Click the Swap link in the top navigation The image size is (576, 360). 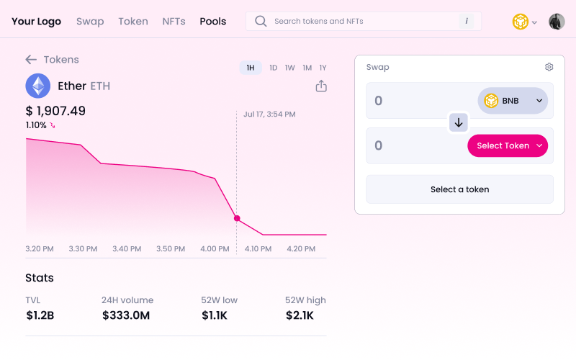point(90,22)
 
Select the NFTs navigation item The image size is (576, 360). point(174,22)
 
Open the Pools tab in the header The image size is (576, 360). point(213,22)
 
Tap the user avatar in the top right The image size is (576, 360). point(557,22)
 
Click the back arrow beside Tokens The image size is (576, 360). point(31,60)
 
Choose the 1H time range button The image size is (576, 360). point(251,68)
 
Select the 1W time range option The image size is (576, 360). point(290,68)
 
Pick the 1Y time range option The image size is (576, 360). point(323,68)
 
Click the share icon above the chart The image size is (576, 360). point(321,86)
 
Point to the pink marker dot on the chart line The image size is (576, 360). point(237,218)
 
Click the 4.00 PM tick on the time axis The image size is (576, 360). point(215,249)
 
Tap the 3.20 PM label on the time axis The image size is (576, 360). point(40,249)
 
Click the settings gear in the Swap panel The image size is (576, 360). point(549,67)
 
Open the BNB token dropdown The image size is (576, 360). point(513,101)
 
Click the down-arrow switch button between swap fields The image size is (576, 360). point(459,122)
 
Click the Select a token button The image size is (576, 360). point(459,189)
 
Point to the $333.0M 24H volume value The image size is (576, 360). point(126,315)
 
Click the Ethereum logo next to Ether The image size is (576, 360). point(38,86)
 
